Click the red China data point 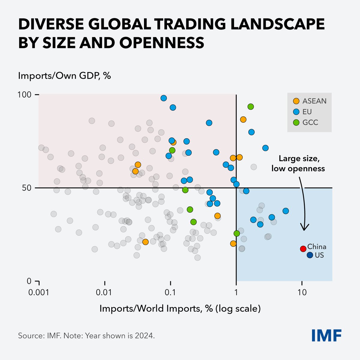coord(303,248)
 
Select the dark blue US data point coord(310,255)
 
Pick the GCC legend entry coord(306,122)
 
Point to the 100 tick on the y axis coord(27,94)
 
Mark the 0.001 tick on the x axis coord(39,292)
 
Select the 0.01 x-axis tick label coord(105,292)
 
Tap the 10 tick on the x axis coord(302,292)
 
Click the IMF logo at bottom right coord(326,335)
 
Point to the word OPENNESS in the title coord(162,43)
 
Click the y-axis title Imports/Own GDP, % coord(64,75)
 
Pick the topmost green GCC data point coord(251,106)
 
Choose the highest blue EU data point coord(163,98)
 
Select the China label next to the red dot coord(317,247)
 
